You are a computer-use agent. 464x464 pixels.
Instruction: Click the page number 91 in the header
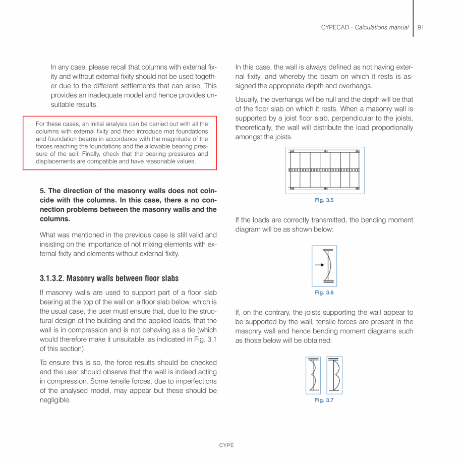421,27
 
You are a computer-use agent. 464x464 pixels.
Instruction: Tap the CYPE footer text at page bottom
226,445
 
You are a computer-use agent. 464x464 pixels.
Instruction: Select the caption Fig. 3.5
324,200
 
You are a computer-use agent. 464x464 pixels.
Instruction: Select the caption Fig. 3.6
324,293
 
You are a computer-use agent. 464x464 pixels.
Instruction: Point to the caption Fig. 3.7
324,400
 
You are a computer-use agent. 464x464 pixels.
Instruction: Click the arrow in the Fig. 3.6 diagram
319,265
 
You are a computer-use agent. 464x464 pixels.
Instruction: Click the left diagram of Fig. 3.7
313,375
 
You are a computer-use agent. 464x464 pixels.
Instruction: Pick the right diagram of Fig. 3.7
334,375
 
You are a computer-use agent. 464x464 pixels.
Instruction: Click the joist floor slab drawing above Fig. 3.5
325,170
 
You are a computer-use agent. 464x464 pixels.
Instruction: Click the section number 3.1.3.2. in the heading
52,278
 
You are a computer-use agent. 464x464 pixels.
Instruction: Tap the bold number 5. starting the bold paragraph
43,191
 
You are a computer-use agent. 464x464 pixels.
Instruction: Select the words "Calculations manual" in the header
381,27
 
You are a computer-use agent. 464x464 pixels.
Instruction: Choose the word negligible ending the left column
54,400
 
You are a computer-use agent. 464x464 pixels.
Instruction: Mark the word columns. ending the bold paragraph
55,219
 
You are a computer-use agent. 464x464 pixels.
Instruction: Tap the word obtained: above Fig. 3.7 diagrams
317,340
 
